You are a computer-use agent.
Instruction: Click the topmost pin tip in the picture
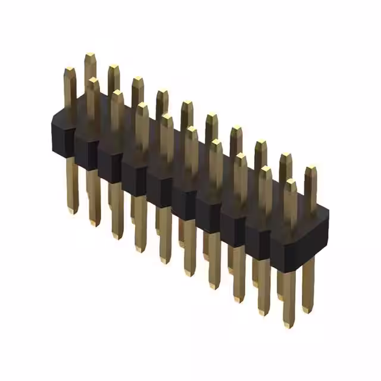coord(90,55)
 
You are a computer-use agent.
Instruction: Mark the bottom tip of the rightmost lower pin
coord(307,310)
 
